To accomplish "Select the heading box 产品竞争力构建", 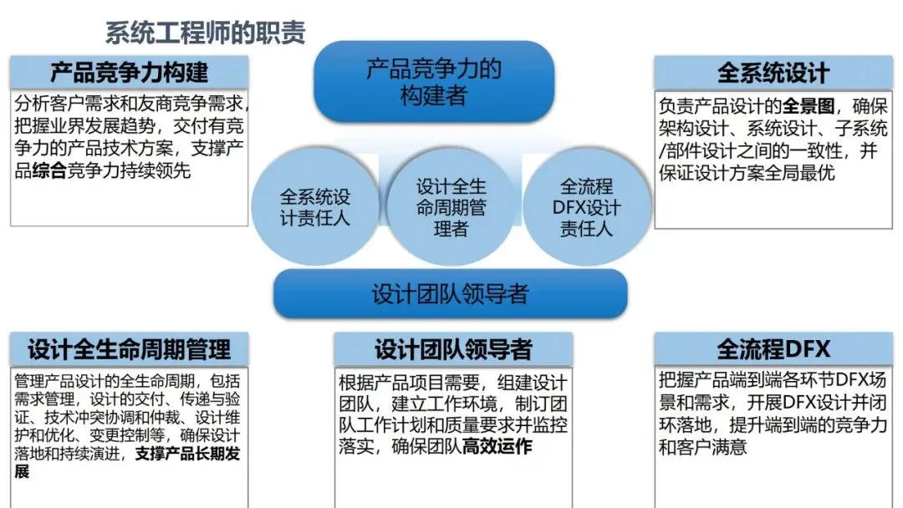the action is tap(129, 72).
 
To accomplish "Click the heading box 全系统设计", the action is tap(773, 72).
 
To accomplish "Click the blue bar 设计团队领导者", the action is tap(451, 294).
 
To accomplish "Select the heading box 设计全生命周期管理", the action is tap(129, 348).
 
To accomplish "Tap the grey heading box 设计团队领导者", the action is tap(453, 348).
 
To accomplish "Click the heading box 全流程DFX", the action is tap(773, 348).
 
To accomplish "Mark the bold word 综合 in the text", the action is tap(51, 171).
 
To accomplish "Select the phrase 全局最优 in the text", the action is tap(799, 173).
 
